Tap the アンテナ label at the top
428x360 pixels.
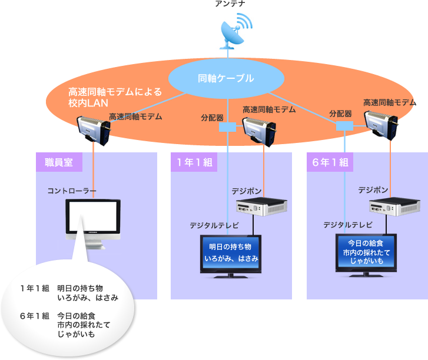click(230, 5)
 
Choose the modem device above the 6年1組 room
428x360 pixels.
click(380, 125)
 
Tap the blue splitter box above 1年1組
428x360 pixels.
click(227, 126)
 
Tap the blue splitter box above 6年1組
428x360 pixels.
click(344, 126)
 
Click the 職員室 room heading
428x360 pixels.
click(59, 162)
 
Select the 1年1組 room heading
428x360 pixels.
click(194, 162)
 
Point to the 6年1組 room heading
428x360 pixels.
click(330, 162)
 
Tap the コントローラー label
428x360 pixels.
click(72, 191)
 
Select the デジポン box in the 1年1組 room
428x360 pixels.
click(261, 207)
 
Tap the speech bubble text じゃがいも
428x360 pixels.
click(76, 334)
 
